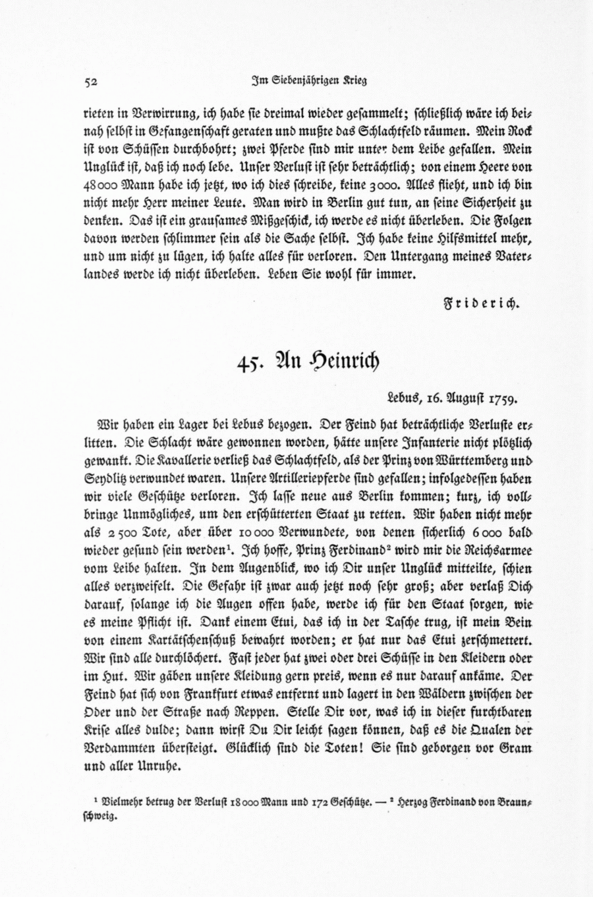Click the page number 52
pyautogui.click(x=92, y=82)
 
